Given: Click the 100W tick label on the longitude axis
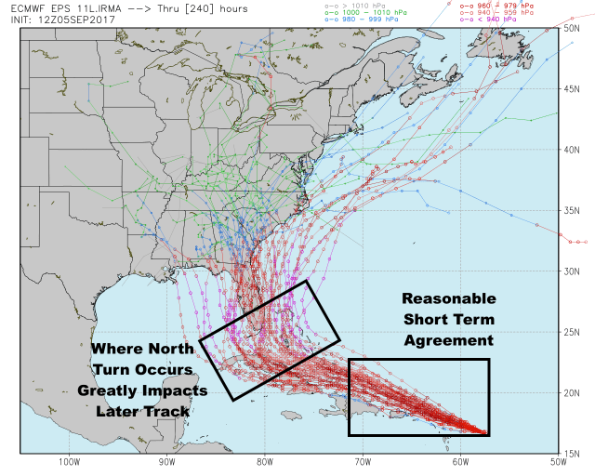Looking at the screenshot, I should [x=68, y=461].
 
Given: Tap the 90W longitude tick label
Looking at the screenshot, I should [x=166, y=461].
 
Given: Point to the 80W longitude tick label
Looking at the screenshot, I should [x=264, y=461].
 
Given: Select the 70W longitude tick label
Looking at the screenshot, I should [x=363, y=461].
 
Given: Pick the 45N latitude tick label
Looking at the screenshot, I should [x=572, y=88].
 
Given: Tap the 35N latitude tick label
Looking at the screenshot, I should [x=572, y=210].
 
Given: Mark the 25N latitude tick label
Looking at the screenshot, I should [x=572, y=332].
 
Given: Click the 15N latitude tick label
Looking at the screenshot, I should [x=572, y=454].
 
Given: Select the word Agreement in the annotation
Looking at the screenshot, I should [x=448, y=341].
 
